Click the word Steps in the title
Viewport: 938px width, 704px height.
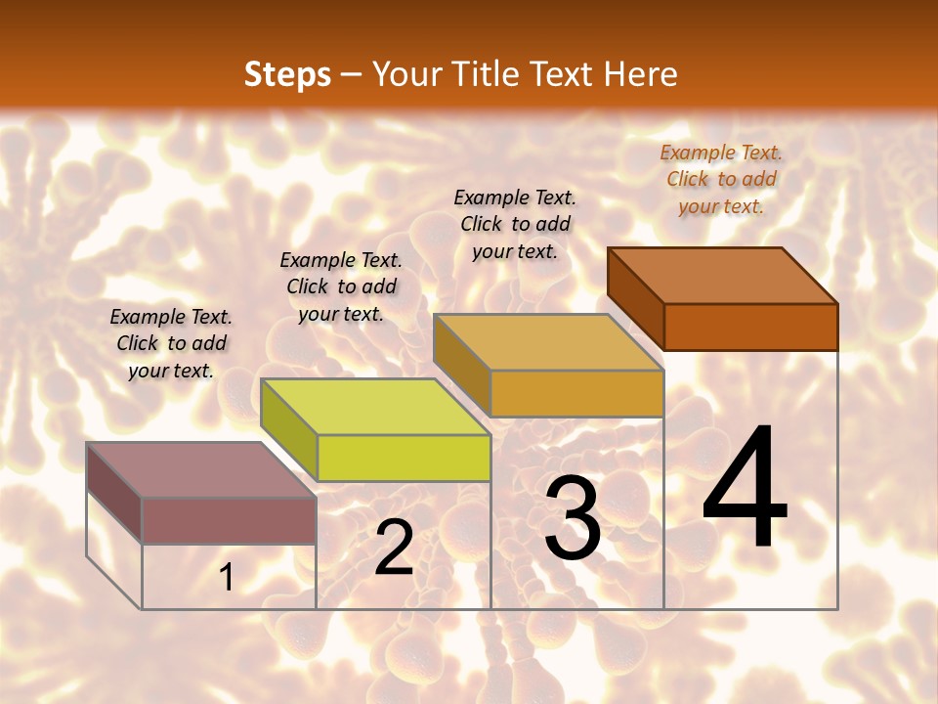click(x=286, y=74)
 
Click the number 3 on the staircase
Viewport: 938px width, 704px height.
click(x=573, y=518)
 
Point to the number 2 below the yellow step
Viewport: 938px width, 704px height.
click(x=394, y=548)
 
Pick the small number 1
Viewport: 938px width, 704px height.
click(x=227, y=577)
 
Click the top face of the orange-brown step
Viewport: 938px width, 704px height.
click(x=723, y=276)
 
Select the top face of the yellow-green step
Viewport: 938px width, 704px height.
click(x=375, y=407)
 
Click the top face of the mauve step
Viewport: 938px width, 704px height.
click(x=201, y=470)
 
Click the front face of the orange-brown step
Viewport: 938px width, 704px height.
click(x=750, y=327)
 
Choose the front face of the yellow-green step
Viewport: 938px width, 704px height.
click(x=404, y=458)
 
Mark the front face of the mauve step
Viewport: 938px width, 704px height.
click(x=229, y=520)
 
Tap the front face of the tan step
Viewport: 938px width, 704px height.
click(x=576, y=393)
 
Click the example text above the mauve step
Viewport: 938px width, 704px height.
click(x=171, y=343)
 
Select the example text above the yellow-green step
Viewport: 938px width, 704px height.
click(x=341, y=286)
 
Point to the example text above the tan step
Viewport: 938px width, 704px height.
click(x=515, y=224)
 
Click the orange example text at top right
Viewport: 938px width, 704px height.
click(x=721, y=179)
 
